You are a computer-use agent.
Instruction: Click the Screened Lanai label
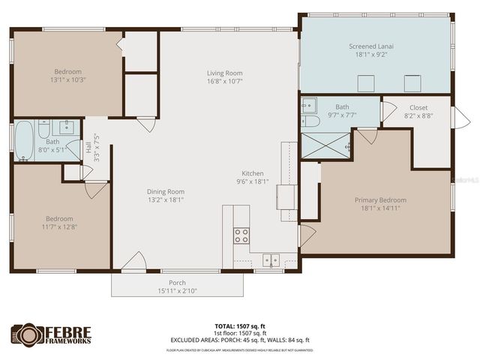[x=371, y=46]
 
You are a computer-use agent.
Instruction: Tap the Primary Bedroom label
[x=380, y=200]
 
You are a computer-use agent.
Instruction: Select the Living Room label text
[x=224, y=73]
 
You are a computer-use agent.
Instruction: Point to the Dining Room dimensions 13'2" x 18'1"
[x=165, y=199]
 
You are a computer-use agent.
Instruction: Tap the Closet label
[x=418, y=107]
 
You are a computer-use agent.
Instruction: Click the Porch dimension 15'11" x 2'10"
[x=177, y=291]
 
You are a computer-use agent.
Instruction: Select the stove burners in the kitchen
[x=241, y=236]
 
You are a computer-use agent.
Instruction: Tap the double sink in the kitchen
[x=271, y=260]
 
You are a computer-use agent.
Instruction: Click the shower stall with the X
[x=326, y=146]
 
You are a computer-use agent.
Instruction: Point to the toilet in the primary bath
[x=311, y=121]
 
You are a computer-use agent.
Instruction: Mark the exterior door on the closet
[x=459, y=117]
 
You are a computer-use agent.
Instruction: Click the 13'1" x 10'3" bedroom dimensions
[x=65, y=79]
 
